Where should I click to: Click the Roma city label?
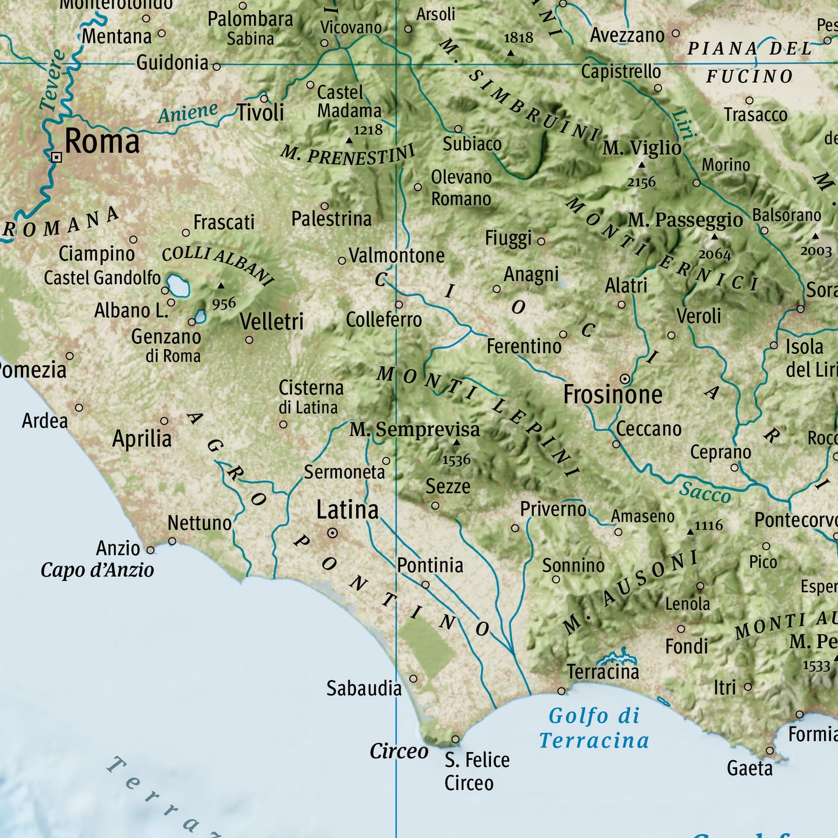102,142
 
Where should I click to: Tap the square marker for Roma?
56,157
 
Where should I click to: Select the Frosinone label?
613,395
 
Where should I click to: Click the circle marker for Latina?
333,532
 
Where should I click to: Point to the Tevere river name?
52,80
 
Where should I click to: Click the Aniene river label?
188,113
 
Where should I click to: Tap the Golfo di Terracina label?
594,728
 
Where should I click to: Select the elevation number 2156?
641,183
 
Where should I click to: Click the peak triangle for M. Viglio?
641,165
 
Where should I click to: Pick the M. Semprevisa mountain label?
415,430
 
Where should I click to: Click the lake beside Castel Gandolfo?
178,285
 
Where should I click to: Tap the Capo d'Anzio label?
97,570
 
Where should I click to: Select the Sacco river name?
705,492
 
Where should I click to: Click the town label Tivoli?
260,113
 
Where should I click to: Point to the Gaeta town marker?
770,750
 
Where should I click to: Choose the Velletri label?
271,321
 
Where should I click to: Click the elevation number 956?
224,303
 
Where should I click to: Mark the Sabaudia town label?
364,688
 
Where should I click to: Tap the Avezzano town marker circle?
676,34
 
